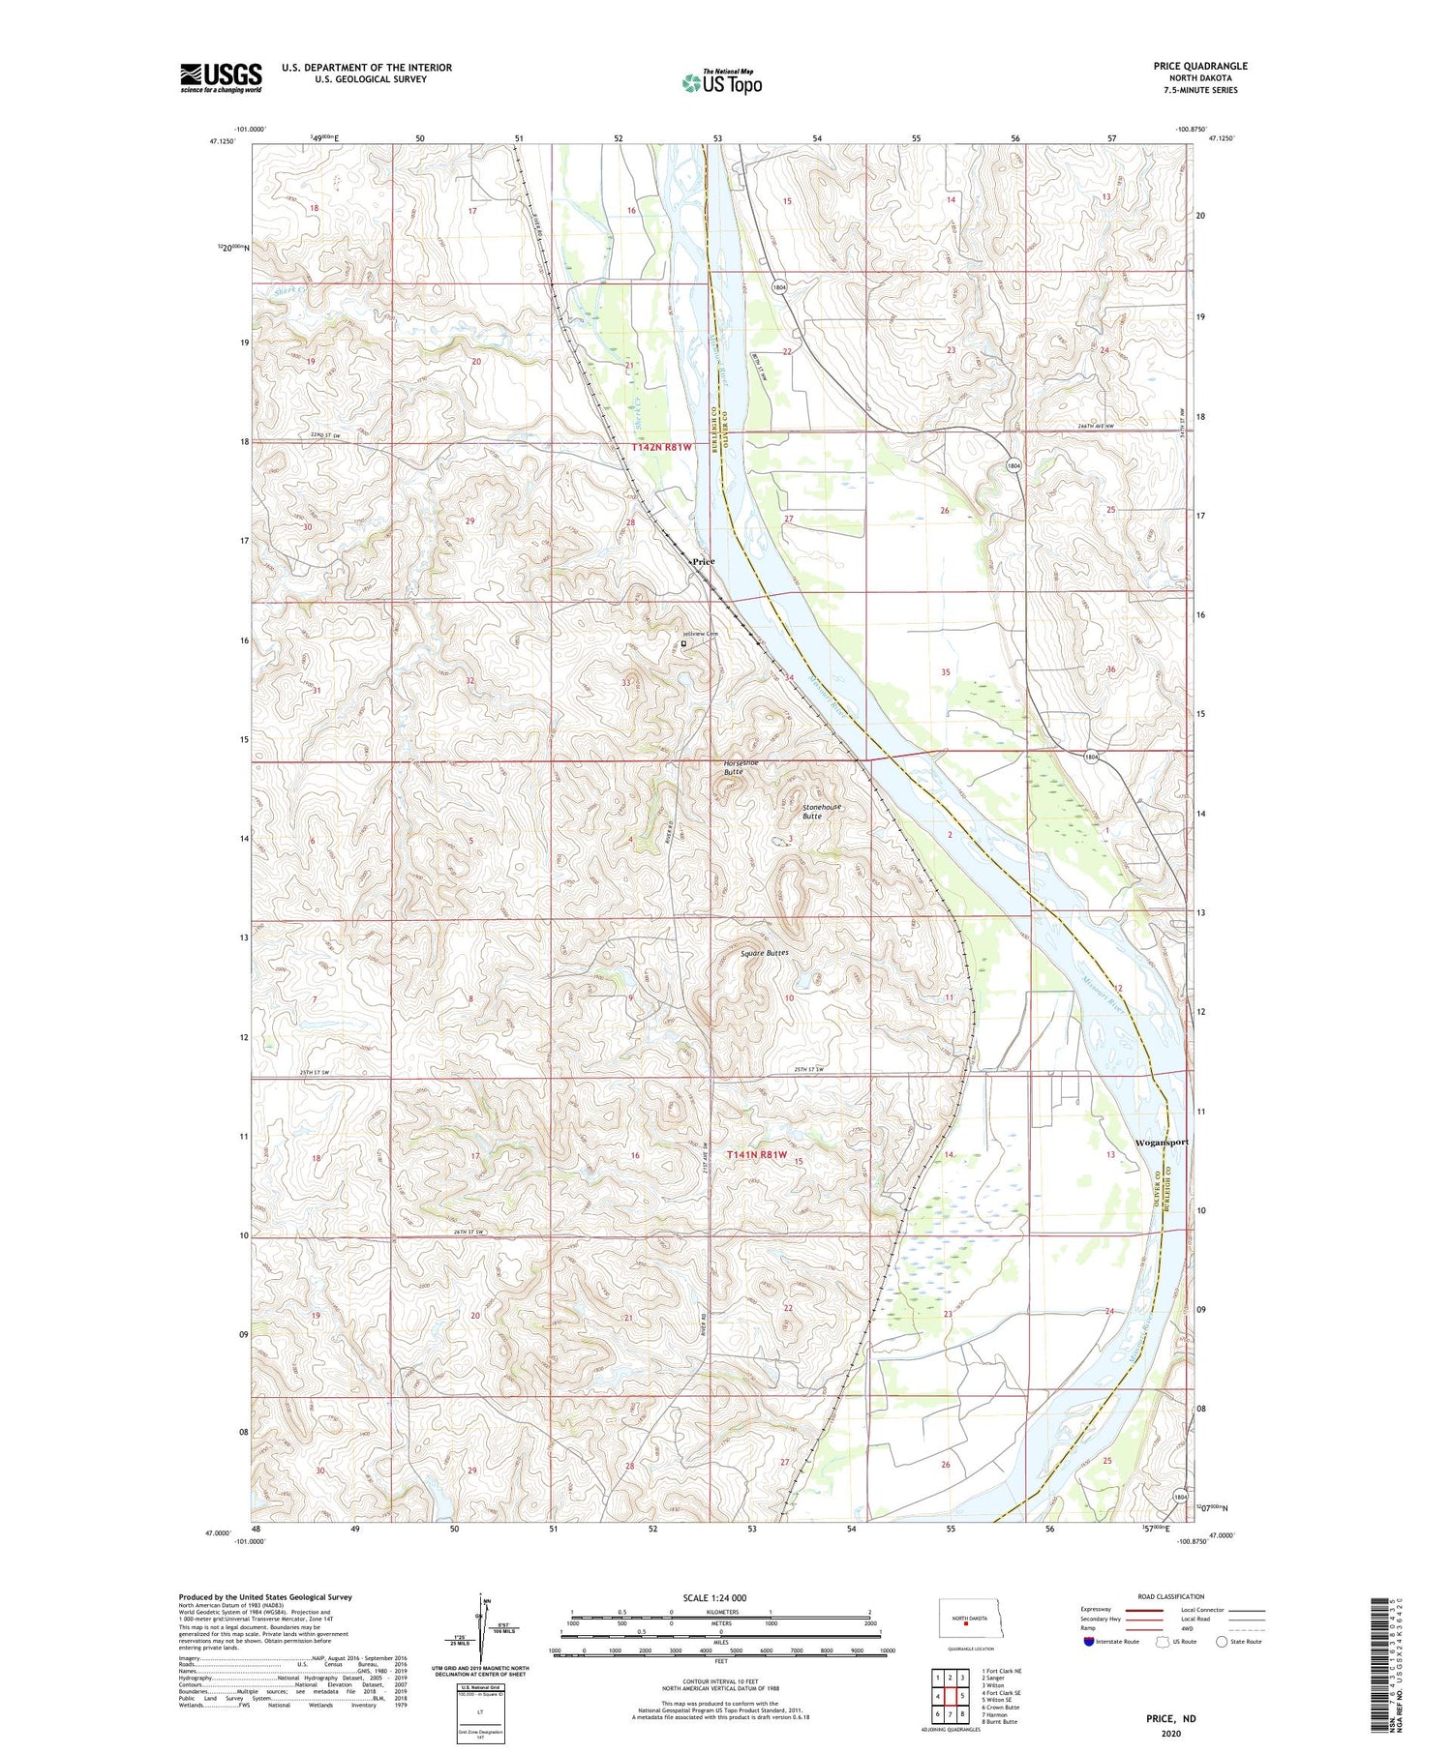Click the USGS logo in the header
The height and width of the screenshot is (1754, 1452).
(221, 77)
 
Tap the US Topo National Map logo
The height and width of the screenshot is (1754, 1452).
(721, 82)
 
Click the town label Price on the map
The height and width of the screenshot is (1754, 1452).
(703, 561)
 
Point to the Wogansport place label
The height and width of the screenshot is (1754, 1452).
(1161, 1142)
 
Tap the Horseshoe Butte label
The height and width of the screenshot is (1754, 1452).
(741, 767)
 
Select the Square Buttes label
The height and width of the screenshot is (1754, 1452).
(765, 953)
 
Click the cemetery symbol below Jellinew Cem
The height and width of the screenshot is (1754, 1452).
(684, 642)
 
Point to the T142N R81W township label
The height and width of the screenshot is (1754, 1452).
(662, 447)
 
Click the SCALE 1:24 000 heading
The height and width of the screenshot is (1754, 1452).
(720, 1597)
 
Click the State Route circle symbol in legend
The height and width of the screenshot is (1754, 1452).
(1222, 1642)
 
